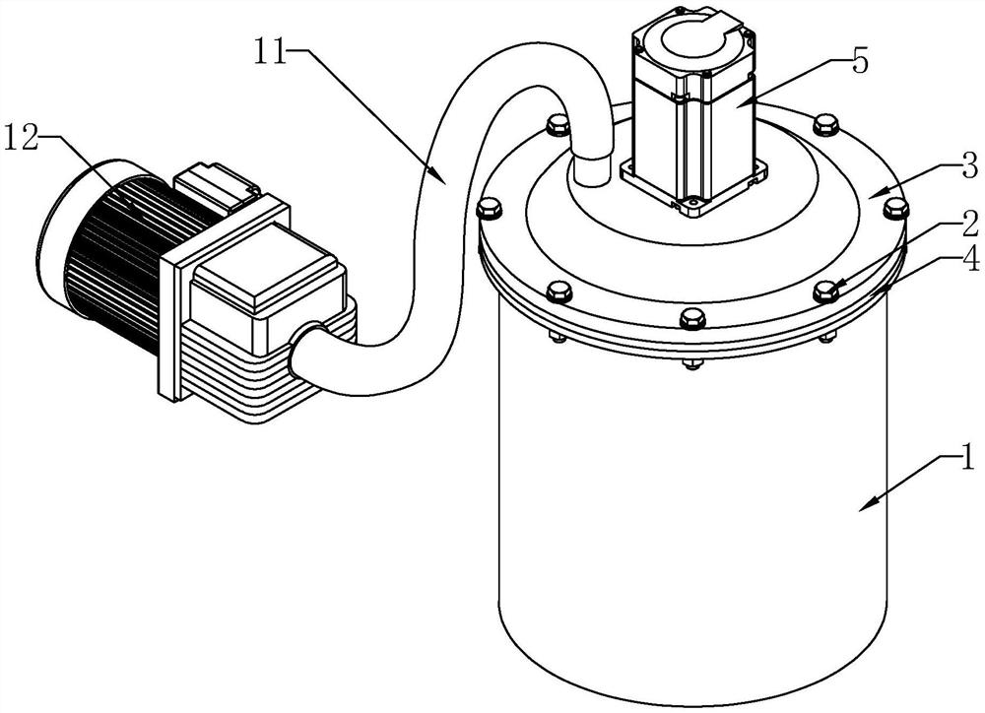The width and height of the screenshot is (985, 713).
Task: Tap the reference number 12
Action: tap(24, 136)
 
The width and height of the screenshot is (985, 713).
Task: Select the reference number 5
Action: tap(859, 61)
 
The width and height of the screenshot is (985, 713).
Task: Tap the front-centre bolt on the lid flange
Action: tap(691, 318)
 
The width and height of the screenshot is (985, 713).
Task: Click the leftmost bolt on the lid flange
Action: tap(489, 208)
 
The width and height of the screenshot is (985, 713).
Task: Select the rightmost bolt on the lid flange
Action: tap(895, 208)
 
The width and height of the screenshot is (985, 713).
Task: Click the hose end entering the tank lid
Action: tap(592, 167)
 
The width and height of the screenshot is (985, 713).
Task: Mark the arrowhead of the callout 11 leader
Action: tap(439, 178)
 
